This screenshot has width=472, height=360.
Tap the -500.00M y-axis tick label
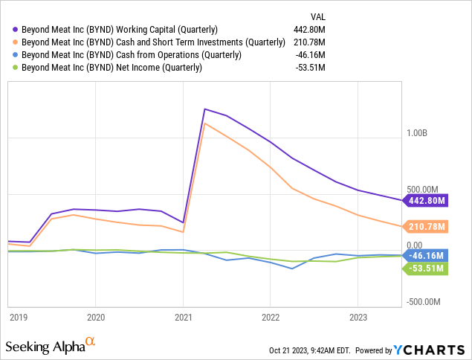(422, 303)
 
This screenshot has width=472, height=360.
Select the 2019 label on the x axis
(19, 316)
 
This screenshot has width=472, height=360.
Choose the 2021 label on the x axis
(183, 316)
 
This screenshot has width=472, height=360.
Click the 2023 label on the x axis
(358, 316)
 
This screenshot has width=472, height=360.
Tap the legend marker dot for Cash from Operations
(15, 55)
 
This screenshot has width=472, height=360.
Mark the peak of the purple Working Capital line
(204, 109)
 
